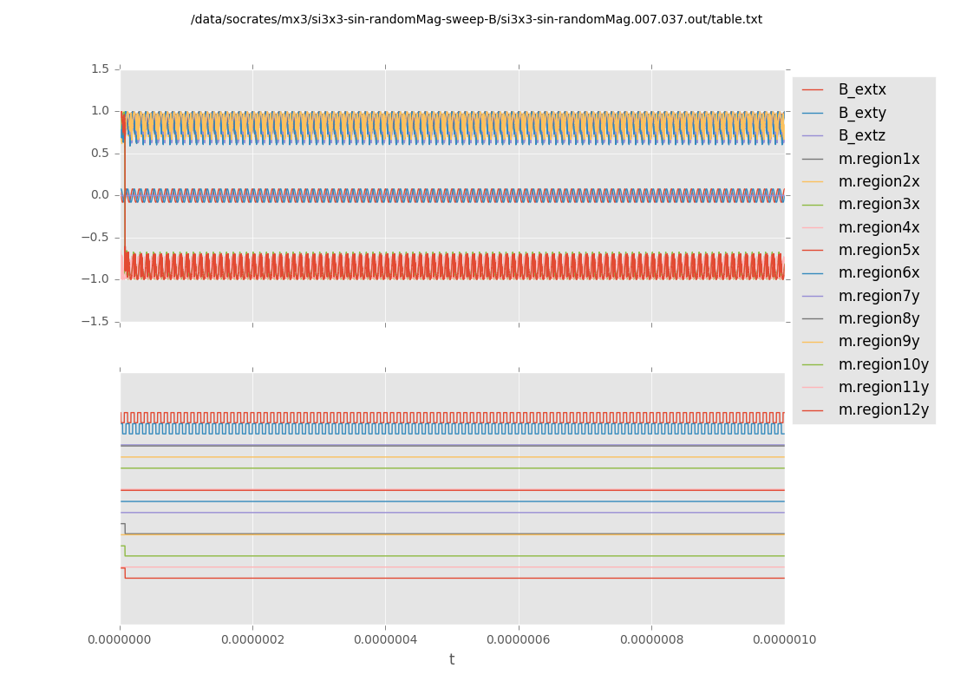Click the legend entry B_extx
862,89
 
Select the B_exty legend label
862,113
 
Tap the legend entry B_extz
862,135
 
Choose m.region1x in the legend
879,159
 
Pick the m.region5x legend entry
879,250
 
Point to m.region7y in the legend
879,296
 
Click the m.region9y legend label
879,341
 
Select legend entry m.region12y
883,409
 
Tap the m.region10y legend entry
883,364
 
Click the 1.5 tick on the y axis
101,69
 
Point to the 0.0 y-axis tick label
101,194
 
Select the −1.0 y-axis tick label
97,278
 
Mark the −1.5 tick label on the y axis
97,321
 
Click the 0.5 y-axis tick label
101,153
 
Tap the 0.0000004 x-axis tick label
385,640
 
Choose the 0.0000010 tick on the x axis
784,640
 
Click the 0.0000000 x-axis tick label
120,640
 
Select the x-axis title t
452,660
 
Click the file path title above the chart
476,19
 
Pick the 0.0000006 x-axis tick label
519,640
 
